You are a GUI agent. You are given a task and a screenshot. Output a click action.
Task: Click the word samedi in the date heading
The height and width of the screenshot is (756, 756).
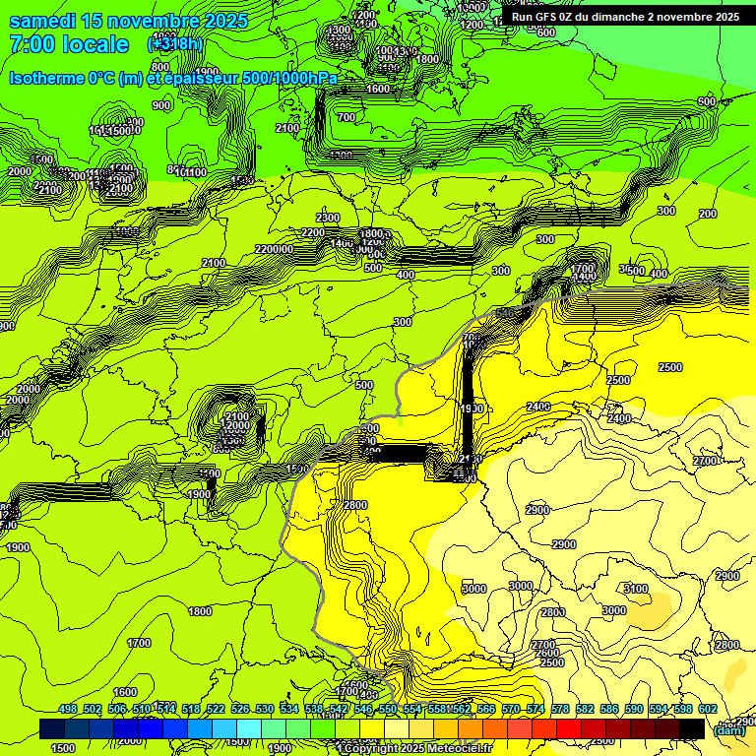pos(43,21)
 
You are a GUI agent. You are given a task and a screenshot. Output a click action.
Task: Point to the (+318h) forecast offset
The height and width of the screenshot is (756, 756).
pos(175,44)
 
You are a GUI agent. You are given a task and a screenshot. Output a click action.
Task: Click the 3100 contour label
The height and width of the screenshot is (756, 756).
pos(636,589)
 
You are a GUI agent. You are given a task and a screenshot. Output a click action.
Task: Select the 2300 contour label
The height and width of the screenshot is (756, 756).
pos(328,218)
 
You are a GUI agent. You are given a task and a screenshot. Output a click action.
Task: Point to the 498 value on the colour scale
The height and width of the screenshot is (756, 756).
pos(68,709)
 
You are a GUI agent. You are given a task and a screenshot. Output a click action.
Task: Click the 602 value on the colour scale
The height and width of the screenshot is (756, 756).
pos(707,709)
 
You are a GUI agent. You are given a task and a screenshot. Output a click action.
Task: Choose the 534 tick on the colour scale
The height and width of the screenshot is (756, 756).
pos(289,709)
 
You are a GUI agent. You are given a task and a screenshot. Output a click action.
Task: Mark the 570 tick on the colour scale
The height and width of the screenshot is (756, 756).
pos(511,709)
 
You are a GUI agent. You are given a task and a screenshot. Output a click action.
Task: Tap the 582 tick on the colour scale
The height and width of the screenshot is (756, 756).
pos(585,709)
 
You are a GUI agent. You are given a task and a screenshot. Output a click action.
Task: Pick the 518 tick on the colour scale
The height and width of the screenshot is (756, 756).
pos(191,709)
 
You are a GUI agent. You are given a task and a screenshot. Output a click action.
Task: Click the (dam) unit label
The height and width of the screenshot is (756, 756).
pos(729,729)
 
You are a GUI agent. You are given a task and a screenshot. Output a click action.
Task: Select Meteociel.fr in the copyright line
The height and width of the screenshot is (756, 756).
pos(469,749)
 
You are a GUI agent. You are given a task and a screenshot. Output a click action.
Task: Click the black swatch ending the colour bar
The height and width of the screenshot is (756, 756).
pos(692,728)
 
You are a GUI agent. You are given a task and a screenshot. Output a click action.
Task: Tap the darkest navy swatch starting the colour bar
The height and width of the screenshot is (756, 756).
pos(52,728)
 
